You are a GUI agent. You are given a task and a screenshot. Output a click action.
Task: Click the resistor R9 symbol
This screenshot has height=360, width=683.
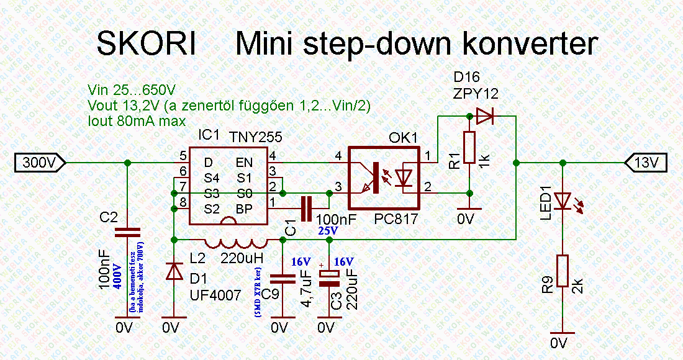click(x=562, y=270)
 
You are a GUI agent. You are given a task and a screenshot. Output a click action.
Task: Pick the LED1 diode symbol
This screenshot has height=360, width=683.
click(x=563, y=200)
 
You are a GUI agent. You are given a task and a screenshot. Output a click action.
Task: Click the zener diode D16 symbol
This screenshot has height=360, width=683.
click(x=484, y=115)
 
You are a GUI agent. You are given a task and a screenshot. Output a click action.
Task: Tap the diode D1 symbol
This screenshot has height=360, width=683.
click(x=174, y=271)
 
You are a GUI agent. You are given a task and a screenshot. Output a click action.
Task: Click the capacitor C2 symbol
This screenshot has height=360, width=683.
click(x=127, y=233)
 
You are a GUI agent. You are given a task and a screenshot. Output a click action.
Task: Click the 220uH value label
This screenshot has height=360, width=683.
click(x=243, y=257)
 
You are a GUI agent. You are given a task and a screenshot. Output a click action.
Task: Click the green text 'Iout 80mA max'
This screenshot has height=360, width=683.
click(x=137, y=120)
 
